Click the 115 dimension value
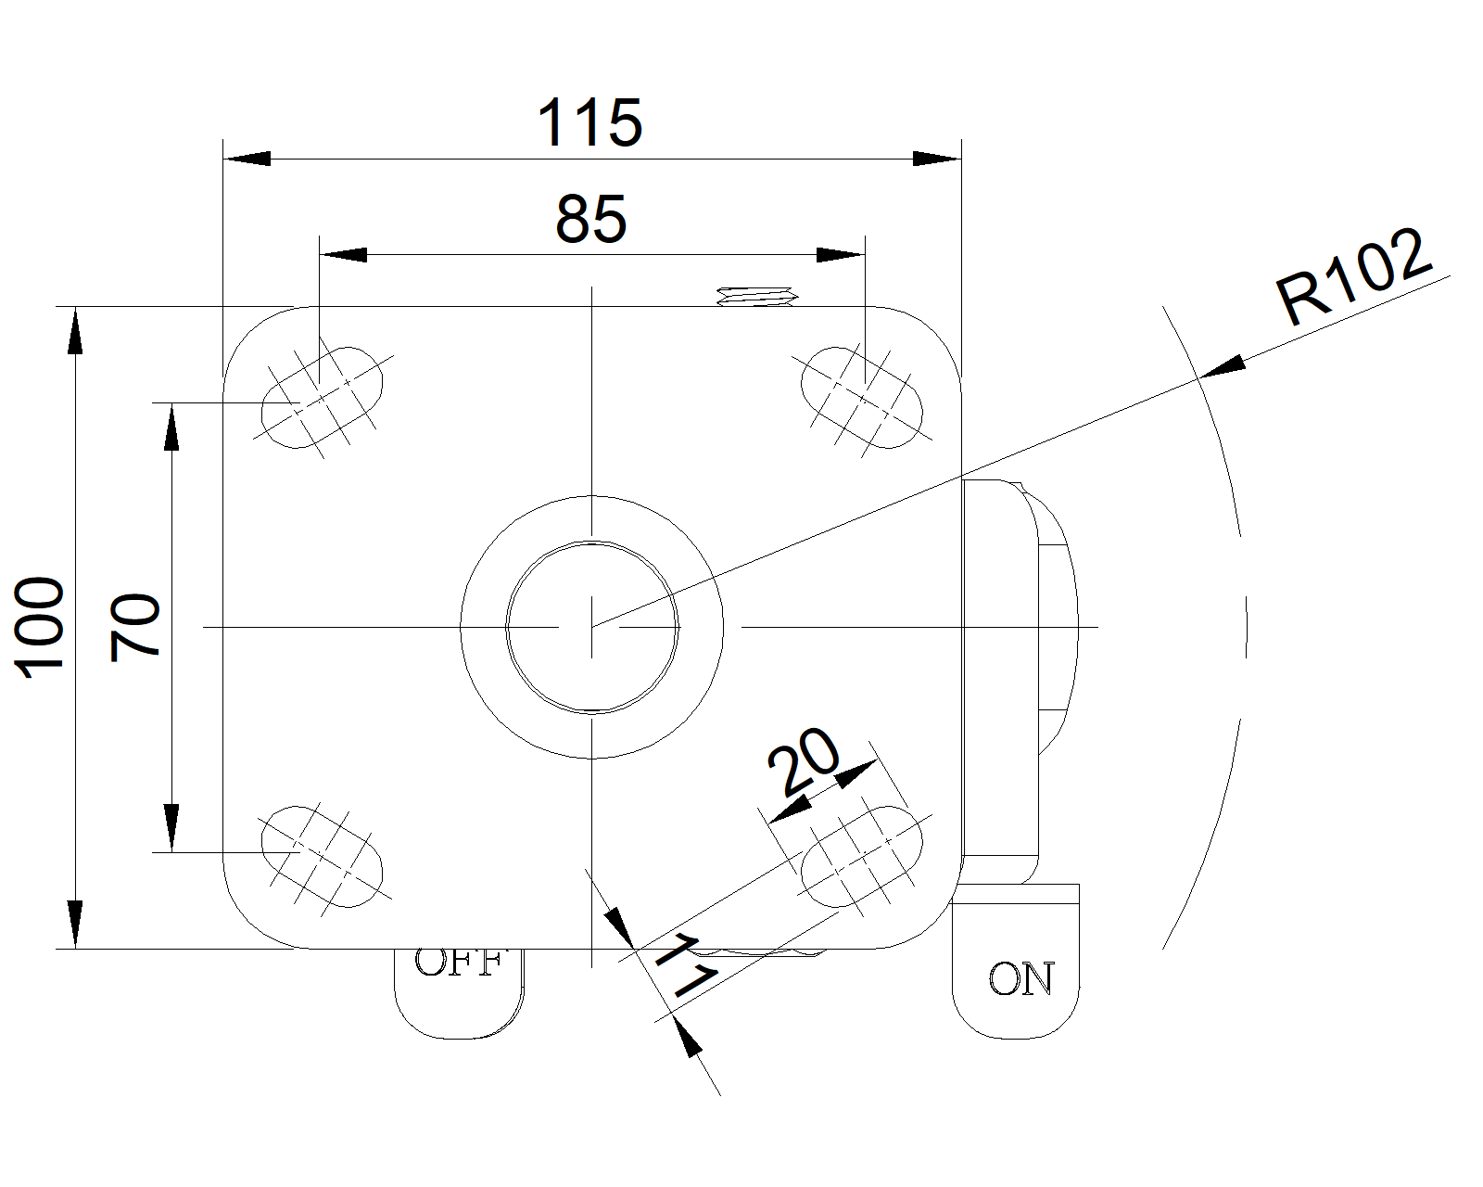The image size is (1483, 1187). (x=590, y=123)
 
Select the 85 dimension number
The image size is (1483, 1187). (x=591, y=220)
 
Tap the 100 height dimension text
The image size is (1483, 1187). (x=41, y=627)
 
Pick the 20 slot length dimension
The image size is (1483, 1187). (x=803, y=760)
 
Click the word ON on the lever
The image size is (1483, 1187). (x=1021, y=979)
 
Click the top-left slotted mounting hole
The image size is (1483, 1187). (x=322, y=397)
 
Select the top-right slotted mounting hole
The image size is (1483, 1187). (x=862, y=397)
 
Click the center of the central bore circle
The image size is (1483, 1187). (x=591, y=627)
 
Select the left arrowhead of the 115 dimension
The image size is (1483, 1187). (x=247, y=159)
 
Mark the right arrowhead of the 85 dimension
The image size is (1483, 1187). (x=841, y=254)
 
